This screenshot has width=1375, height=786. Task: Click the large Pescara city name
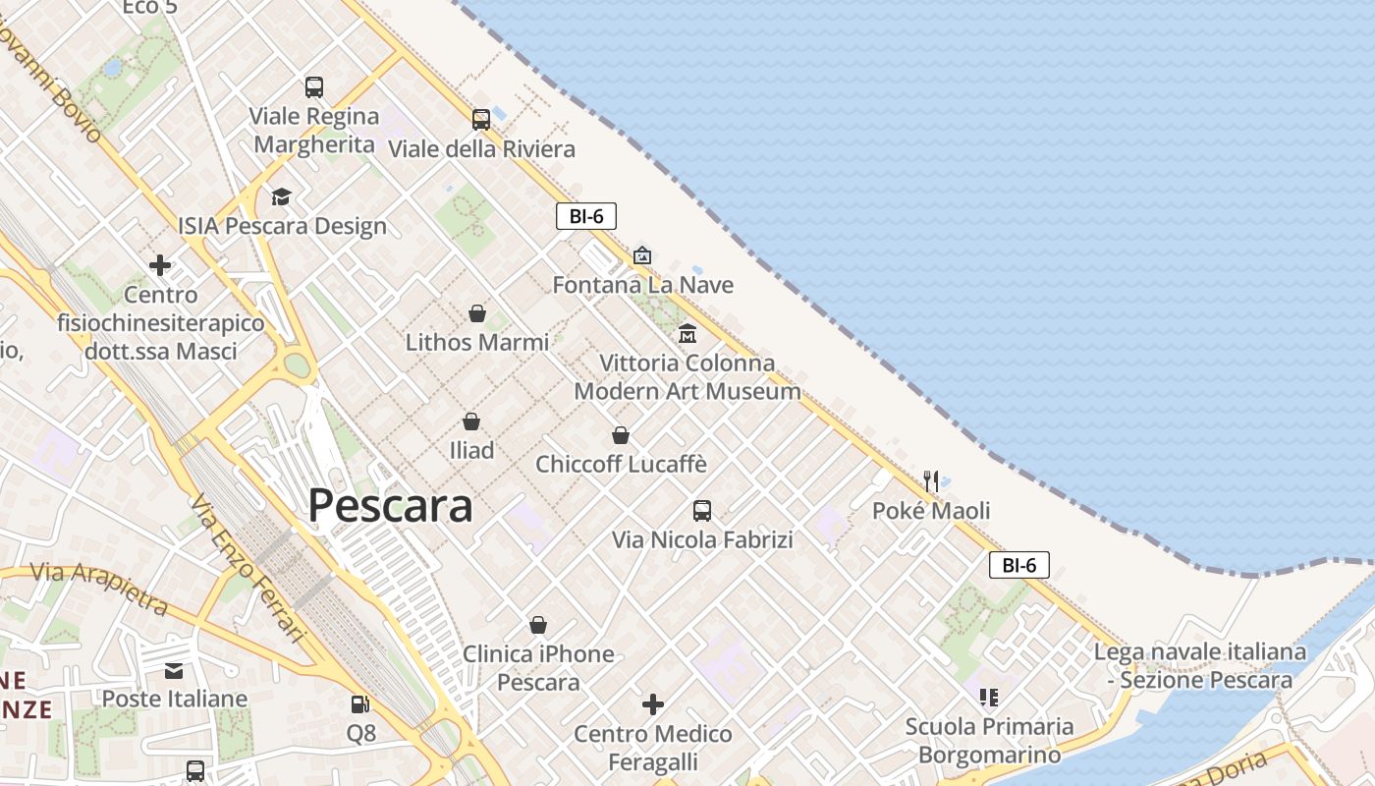coord(390,506)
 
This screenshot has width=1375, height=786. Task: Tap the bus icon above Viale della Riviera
coord(480,120)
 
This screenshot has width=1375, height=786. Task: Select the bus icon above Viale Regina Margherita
coord(314,87)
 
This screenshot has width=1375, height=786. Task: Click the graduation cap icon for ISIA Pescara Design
coord(281,197)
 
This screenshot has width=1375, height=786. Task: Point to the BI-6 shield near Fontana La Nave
coord(586,216)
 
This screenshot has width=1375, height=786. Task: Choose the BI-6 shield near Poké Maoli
coord(1019,565)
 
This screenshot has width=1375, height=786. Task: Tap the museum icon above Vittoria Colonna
coord(687,334)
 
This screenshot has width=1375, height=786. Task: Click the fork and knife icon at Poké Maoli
coord(930,481)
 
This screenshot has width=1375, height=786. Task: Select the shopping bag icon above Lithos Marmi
coord(477,313)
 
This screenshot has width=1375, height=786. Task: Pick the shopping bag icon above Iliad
coord(471,421)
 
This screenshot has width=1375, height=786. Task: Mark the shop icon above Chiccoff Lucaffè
coord(621,434)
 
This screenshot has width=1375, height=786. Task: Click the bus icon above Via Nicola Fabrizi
coord(702,511)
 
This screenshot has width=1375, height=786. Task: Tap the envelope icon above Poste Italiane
coord(174,671)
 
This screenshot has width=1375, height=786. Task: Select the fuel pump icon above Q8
coord(360,704)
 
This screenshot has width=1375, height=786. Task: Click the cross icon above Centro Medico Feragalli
coord(653,704)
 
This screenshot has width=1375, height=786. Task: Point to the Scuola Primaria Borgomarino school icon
coord(989,698)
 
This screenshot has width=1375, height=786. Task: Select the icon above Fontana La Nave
coord(642,255)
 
